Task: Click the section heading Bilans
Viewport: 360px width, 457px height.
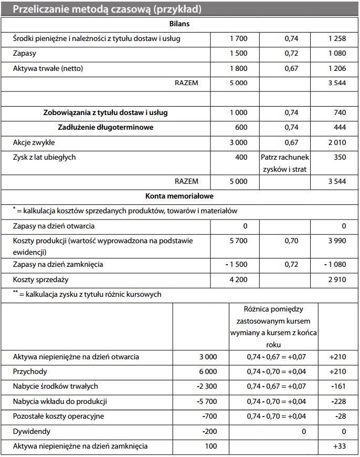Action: [179, 24]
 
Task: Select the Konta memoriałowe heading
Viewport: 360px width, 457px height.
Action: [179, 196]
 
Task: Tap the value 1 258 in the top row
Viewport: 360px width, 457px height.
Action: [337, 39]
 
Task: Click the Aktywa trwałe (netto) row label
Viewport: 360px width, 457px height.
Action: [48, 69]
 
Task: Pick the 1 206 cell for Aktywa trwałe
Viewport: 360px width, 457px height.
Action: [337, 69]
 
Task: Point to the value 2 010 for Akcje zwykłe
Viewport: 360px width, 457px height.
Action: [337, 142]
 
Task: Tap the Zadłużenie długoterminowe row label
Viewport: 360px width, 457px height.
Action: [105, 128]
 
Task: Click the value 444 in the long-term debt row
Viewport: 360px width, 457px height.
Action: [340, 128]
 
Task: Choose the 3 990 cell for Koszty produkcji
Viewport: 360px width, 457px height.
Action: [337, 241]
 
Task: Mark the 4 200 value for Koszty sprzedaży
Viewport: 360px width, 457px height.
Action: [238, 280]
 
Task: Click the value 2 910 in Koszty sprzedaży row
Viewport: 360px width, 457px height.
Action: [337, 280]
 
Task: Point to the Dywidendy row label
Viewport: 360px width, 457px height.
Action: [30, 431]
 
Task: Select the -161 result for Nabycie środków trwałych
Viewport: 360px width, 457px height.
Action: [338, 387]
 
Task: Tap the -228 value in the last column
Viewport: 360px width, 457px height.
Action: [338, 402]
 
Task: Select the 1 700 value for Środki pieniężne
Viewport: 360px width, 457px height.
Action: [238, 39]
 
